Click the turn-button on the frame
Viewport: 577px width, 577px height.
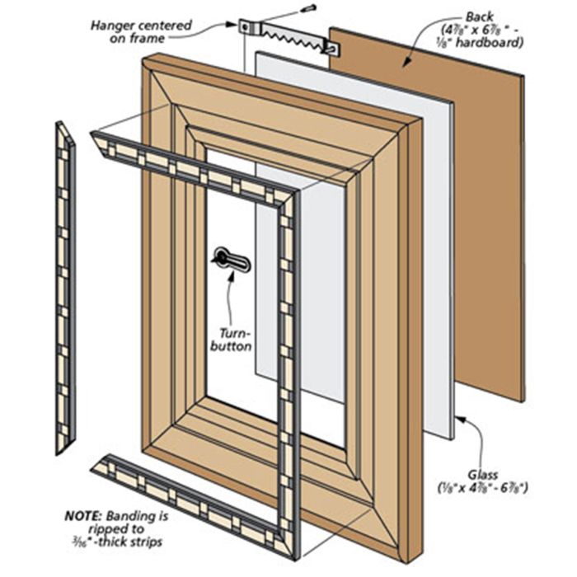click(x=231, y=260)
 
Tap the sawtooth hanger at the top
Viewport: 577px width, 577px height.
click(x=288, y=35)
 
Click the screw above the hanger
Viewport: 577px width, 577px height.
click(x=309, y=9)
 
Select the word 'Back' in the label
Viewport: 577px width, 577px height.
click(x=479, y=16)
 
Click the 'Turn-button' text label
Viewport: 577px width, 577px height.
click(x=235, y=340)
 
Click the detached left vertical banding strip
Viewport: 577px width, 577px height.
click(x=64, y=288)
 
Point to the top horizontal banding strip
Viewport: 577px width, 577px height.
click(x=190, y=169)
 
